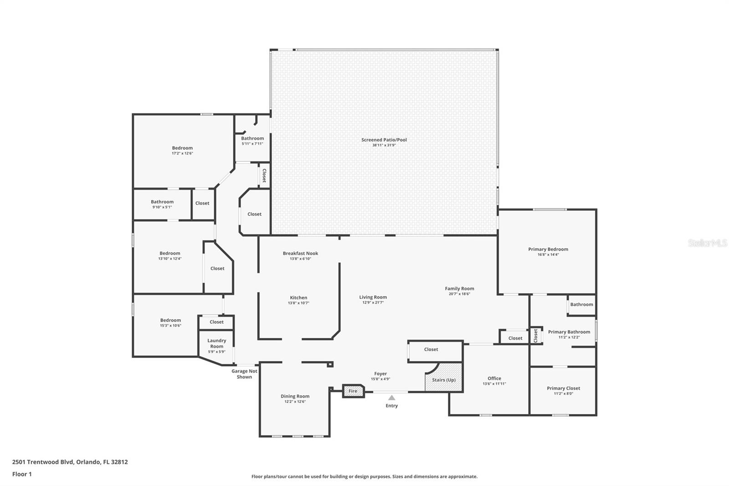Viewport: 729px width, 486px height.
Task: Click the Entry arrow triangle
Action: click(x=391, y=398)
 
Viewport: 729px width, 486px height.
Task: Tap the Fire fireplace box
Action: click(x=354, y=391)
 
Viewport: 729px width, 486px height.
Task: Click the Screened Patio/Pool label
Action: click(x=384, y=140)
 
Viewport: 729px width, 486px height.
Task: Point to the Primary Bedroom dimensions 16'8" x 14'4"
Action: click(x=549, y=254)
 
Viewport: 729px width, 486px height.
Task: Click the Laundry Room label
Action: click(x=217, y=343)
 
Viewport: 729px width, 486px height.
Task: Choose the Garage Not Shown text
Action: click(x=244, y=374)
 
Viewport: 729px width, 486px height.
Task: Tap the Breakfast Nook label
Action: click(x=300, y=253)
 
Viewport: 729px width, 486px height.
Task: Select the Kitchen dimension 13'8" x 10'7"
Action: click(x=298, y=303)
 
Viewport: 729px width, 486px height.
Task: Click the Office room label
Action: click(x=494, y=378)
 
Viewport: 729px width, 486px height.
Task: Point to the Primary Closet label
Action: click(x=563, y=388)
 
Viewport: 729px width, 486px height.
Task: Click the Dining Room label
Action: click(x=295, y=396)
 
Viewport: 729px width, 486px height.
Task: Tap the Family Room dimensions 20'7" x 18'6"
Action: click(x=460, y=294)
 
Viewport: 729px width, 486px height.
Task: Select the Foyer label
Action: click(x=380, y=374)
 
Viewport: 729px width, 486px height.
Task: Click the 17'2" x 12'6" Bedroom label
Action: click(x=182, y=148)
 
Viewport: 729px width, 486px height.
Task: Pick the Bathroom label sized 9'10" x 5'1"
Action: click(x=162, y=202)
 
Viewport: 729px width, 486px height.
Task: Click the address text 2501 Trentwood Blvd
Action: click(x=43, y=462)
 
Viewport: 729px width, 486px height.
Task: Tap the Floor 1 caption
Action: click(x=22, y=474)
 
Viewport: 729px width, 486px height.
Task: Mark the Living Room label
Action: click(x=373, y=297)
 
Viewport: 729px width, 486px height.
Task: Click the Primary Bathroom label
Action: click(x=569, y=331)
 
